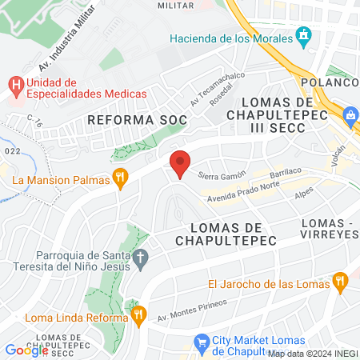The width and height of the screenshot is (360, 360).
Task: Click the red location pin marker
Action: point(181,163)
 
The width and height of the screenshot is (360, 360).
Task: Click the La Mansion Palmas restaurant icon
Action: point(121,179)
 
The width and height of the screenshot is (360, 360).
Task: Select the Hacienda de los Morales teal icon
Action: point(303,36)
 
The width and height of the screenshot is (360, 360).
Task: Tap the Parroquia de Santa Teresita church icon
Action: point(142,258)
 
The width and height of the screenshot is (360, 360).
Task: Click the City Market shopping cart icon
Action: point(200,340)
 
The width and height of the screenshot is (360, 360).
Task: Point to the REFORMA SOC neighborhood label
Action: point(137,120)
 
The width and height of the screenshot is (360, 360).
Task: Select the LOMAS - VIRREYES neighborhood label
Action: point(330,228)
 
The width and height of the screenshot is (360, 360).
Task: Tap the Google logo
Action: point(26,350)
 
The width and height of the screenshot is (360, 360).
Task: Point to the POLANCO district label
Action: point(329,83)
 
